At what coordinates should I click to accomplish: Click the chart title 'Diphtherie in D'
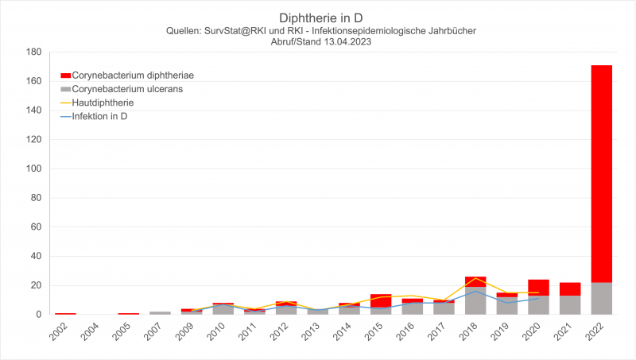point(318,17)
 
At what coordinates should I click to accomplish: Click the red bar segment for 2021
point(570,288)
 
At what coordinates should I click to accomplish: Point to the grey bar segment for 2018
point(475,300)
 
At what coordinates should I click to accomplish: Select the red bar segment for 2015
point(381,300)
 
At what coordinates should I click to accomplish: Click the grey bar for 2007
point(160,312)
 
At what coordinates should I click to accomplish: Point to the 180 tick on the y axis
point(33,52)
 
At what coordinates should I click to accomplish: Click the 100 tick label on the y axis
point(33,168)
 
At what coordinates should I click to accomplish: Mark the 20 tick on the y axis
point(36,285)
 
